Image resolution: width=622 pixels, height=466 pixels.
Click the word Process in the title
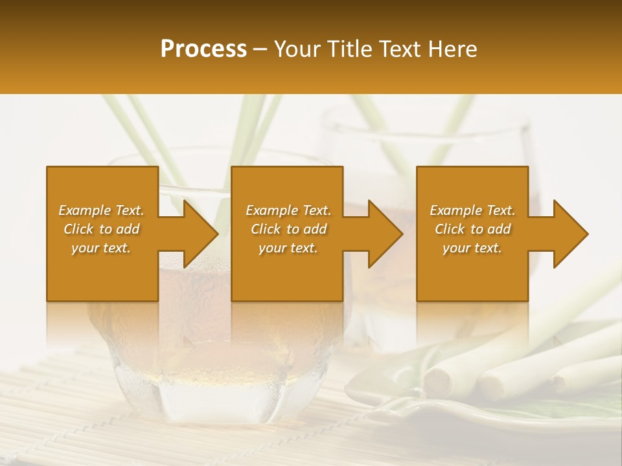click(x=203, y=49)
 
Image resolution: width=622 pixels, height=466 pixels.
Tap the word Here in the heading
click(x=452, y=49)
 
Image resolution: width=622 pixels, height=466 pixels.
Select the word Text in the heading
click(x=400, y=49)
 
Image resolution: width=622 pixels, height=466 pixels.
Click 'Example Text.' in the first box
click(x=101, y=210)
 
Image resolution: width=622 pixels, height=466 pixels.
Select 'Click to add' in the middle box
click(x=288, y=229)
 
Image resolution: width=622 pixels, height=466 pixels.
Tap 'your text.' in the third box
click(x=472, y=248)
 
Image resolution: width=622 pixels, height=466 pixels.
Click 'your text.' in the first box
click(x=101, y=248)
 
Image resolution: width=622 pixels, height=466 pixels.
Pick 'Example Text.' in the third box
click(x=472, y=210)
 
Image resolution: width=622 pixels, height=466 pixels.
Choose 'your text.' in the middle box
click(x=288, y=248)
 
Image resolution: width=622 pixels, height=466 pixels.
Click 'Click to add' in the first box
click(x=101, y=229)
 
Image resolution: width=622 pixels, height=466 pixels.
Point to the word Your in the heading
click(x=297, y=49)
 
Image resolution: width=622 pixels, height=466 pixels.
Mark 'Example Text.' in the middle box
click(x=288, y=210)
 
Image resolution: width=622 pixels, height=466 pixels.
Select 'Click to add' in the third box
click(x=472, y=229)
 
